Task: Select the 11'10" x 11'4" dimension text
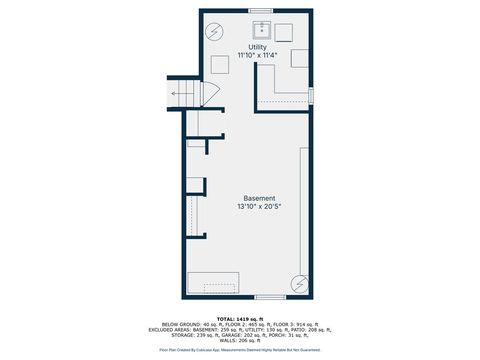pyautogui.click(x=257, y=56)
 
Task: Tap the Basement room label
pyautogui.click(x=259, y=198)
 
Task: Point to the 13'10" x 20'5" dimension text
pyautogui.click(x=259, y=207)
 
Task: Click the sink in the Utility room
pyautogui.click(x=262, y=29)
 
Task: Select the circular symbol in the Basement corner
pyautogui.click(x=299, y=284)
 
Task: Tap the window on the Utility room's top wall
pyautogui.click(x=261, y=11)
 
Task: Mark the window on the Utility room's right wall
pyautogui.click(x=312, y=95)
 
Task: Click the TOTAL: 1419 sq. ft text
pyautogui.click(x=240, y=318)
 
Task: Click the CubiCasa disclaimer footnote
pyautogui.click(x=240, y=351)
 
